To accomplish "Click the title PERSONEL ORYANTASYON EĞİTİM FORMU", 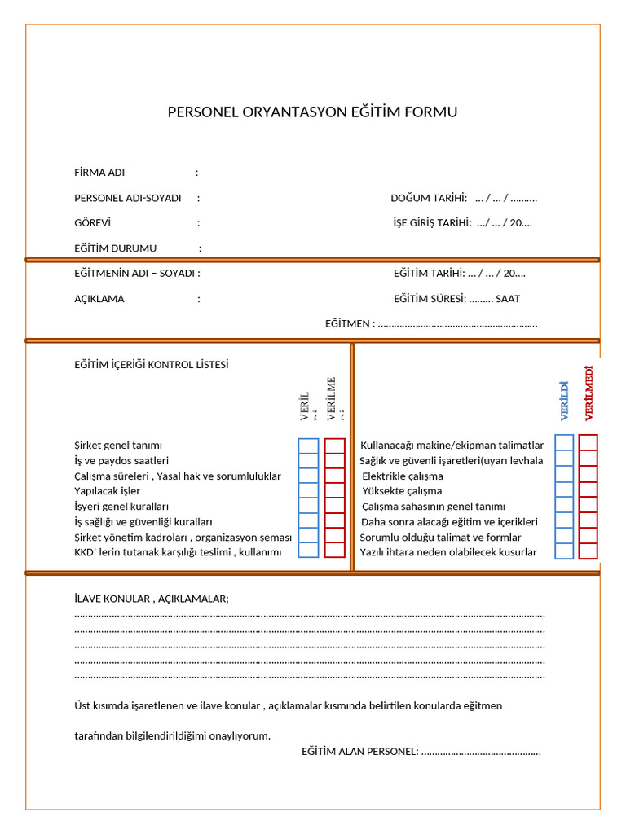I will tap(312, 112).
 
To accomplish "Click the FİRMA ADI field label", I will tap(99, 173).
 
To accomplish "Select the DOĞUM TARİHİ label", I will tap(429, 198).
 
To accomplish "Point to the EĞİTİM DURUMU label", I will tap(115, 248).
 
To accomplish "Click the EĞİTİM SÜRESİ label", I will tap(430, 299).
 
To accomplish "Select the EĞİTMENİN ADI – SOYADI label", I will tap(137, 274).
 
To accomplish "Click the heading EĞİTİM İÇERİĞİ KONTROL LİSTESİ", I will tap(152, 365).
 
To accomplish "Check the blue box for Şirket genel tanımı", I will tap(308, 446).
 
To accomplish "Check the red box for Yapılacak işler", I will tap(334, 490).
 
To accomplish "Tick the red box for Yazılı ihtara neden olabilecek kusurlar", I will tap(589, 551).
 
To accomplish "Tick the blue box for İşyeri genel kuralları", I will tap(308, 506).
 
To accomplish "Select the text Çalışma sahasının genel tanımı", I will tap(434, 507).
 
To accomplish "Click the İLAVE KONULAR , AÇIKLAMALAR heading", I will tap(152, 599).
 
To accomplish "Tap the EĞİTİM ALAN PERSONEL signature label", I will tap(359, 751).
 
